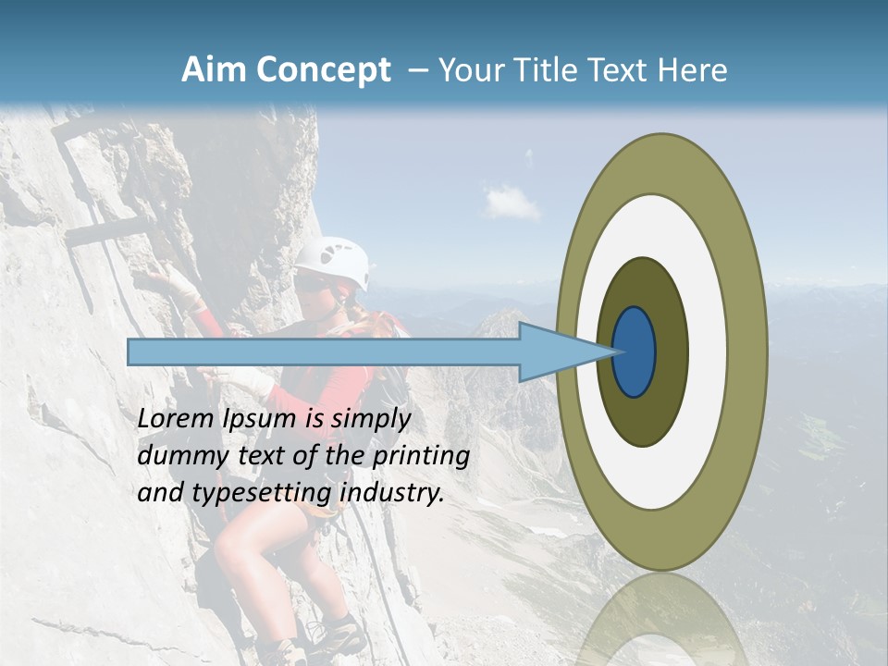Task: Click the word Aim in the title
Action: [215, 69]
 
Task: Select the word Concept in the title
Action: [324, 69]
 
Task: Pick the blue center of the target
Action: [635, 351]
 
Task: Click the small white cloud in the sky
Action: [512, 201]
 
